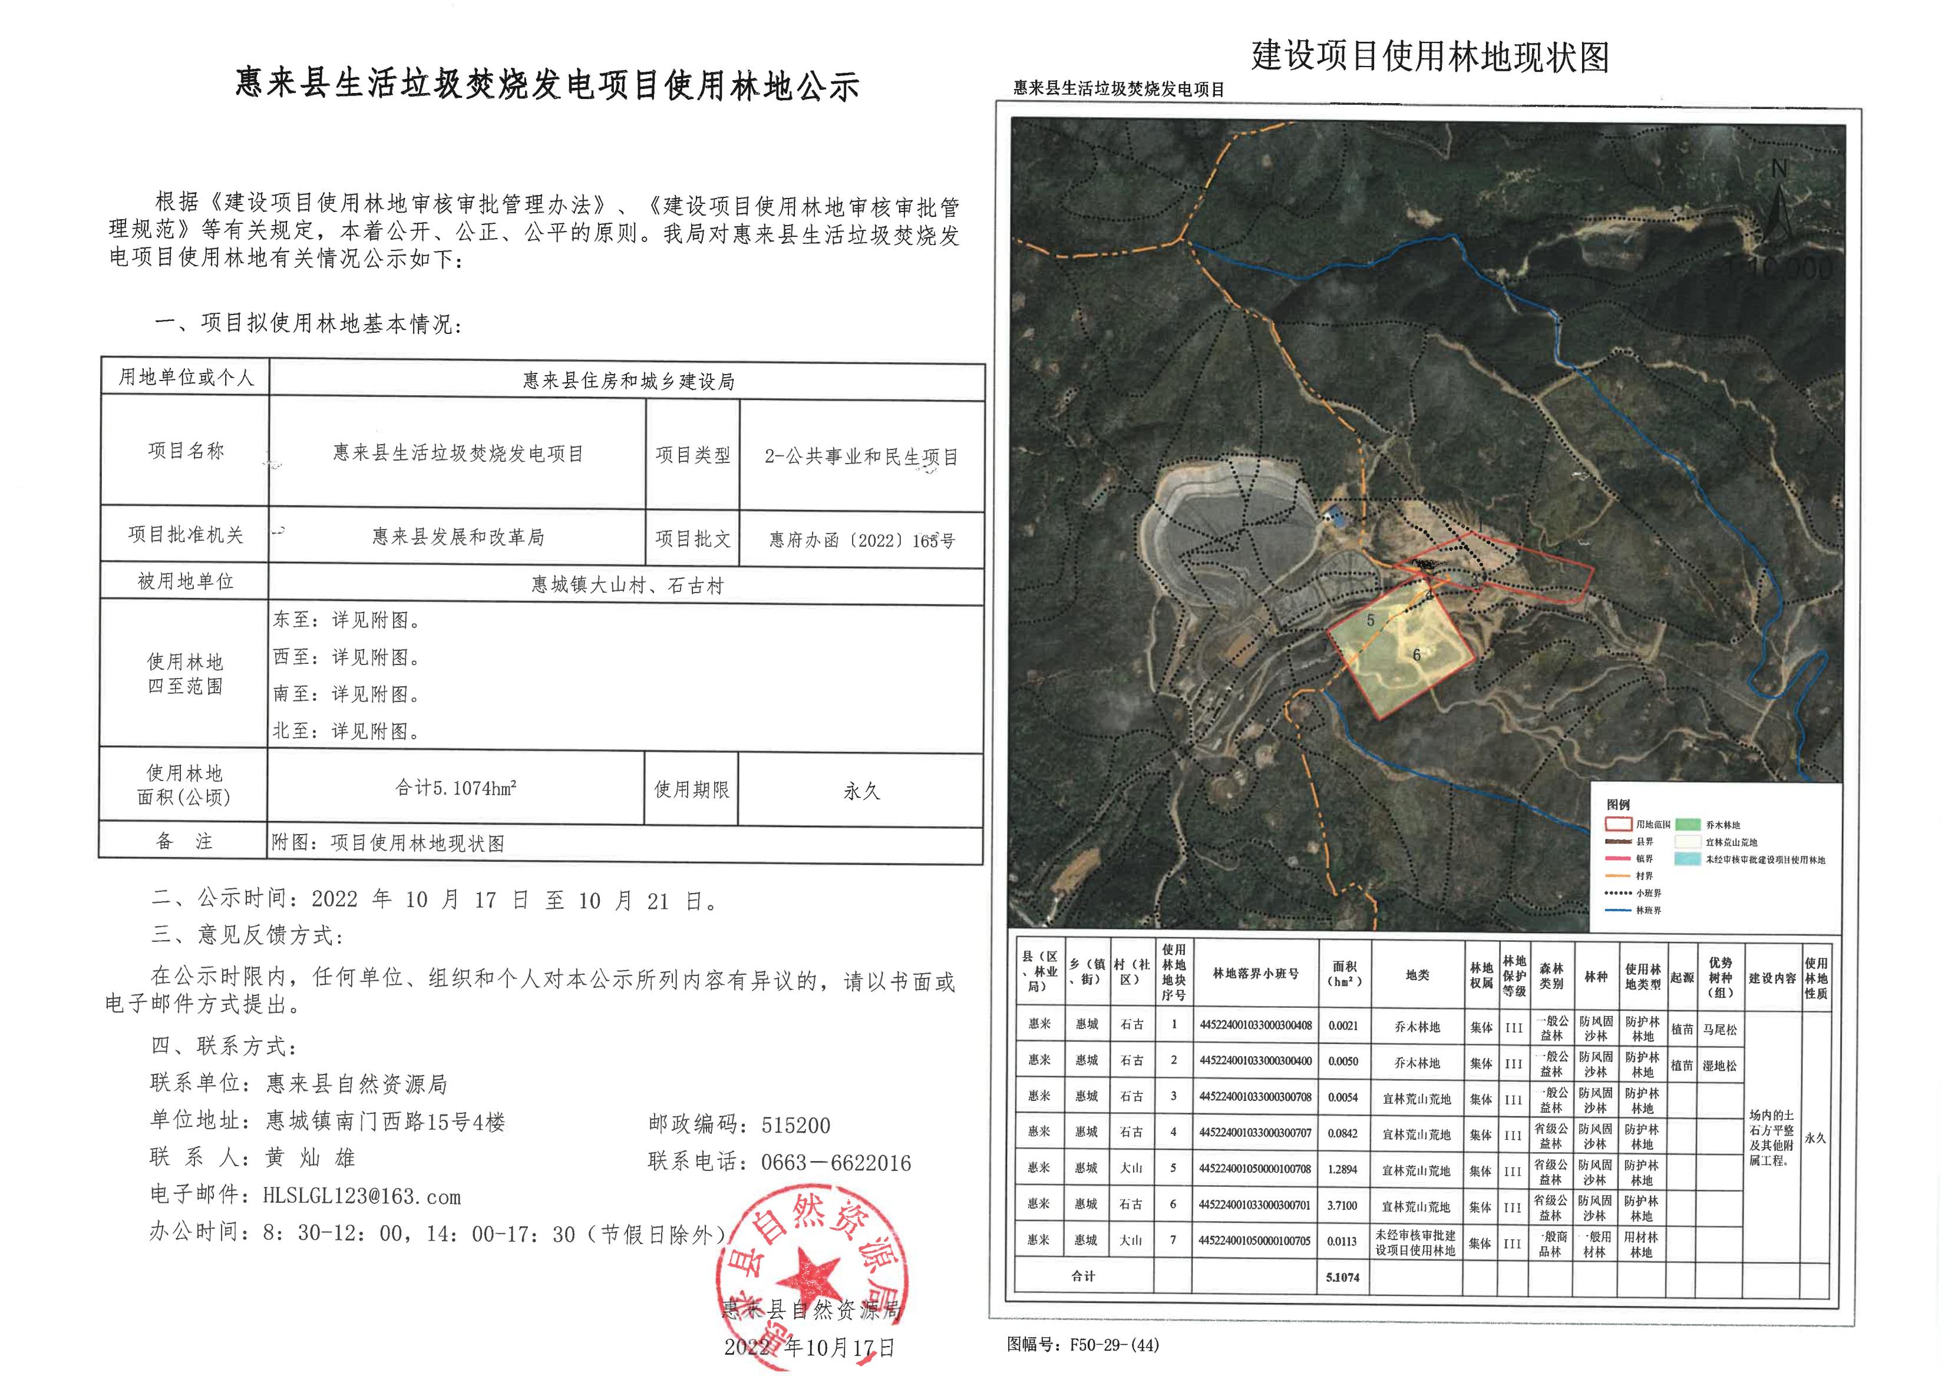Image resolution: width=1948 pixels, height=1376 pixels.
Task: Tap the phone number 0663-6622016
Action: [836, 1162]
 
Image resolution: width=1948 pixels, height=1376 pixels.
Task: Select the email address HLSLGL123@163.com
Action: [361, 1196]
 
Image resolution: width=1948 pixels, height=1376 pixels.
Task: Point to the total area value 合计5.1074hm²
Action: [455, 788]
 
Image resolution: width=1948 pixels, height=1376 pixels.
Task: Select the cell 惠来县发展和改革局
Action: [458, 537]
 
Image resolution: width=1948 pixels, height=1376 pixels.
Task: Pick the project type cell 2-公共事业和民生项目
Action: [861, 457]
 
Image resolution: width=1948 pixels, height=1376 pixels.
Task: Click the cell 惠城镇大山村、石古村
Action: [627, 586]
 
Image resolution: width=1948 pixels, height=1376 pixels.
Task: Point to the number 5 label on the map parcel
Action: [1370, 621]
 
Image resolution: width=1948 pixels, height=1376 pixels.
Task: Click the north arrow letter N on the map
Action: [1779, 170]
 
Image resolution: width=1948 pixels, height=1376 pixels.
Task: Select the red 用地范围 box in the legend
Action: [1618, 823]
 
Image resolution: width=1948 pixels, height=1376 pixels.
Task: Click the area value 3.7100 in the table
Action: [1343, 1205]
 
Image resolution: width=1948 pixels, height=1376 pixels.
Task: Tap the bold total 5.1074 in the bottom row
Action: [1343, 1276]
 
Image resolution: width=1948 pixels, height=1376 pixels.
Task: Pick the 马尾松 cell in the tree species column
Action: [1720, 1029]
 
